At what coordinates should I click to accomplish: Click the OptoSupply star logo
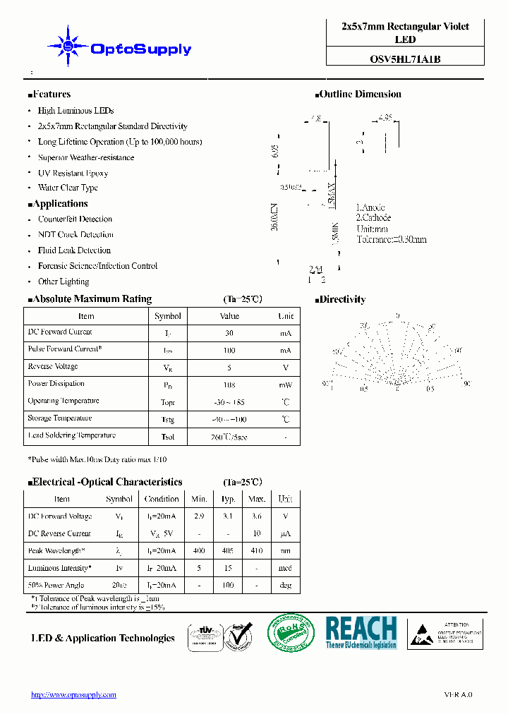68,47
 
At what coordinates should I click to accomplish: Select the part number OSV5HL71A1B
405,59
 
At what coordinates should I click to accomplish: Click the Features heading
50,95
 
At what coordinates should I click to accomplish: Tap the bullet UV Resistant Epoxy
73,173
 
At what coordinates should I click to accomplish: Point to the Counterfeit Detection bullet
75,219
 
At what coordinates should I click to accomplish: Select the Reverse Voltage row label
53,367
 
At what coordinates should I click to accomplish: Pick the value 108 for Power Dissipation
229,385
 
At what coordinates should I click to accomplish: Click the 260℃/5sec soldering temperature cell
229,437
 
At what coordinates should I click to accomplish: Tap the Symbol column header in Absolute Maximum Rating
168,316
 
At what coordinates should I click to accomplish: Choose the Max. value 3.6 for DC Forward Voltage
257,516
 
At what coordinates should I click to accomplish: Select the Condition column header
162,499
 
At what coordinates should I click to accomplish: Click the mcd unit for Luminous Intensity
285,569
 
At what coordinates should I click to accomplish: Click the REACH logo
361,632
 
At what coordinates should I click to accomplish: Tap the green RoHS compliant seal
291,632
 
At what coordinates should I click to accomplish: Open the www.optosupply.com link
73,695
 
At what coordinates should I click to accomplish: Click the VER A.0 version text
458,695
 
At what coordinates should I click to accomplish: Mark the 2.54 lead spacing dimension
316,270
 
